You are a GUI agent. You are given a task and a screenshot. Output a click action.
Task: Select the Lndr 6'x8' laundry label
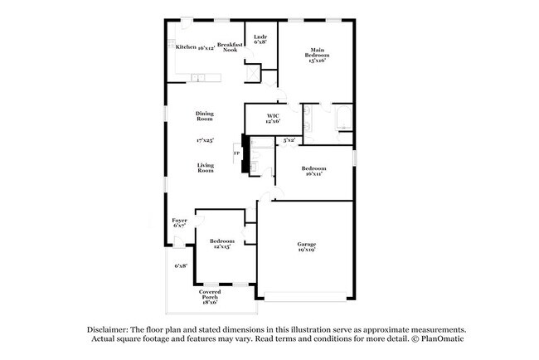pyautogui.click(x=260, y=38)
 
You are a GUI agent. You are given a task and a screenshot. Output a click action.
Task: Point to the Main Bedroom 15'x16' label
pyautogui.click(x=316, y=55)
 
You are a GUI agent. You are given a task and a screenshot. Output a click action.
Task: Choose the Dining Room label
pyautogui.click(x=205, y=115)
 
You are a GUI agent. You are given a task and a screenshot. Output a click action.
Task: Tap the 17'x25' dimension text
pyautogui.click(x=205, y=140)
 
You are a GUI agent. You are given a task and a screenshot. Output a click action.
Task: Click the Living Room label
pyautogui.click(x=205, y=168)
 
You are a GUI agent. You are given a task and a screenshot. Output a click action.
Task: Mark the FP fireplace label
pyautogui.click(x=236, y=153)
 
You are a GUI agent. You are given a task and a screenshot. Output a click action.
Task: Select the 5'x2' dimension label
pyautogui.click(x=289, y=140)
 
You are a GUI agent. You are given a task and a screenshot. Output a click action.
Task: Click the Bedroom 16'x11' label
pyautogui.click(x=313, y=171)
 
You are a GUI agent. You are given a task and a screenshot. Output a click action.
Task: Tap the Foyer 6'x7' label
pyautogui.click(x=179, y=223)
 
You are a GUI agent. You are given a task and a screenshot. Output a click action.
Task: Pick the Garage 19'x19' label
pyautogui.click(x=307, y=246)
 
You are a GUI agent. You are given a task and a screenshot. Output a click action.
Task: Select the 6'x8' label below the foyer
pyautogui.click(x=180, y=265)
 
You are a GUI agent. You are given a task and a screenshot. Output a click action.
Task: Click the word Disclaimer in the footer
pyautogui.click(x=109, y=328)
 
